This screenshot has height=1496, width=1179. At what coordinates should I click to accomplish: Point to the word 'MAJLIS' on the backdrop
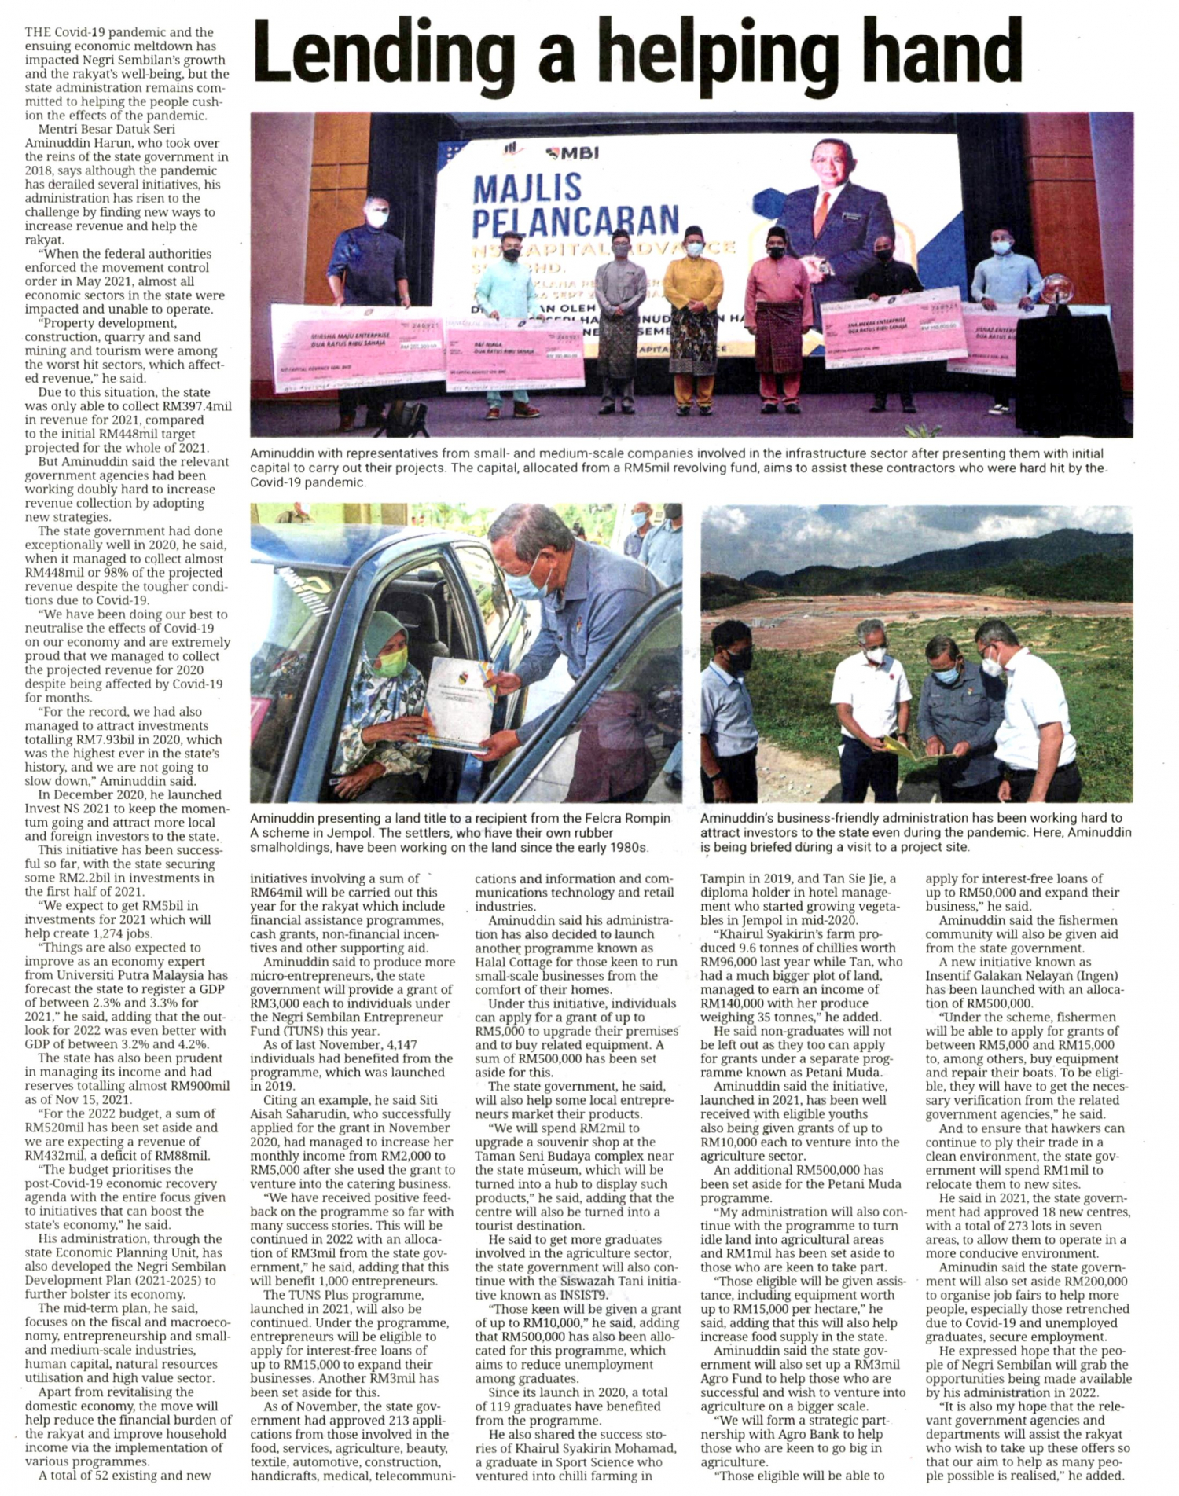(527, 189)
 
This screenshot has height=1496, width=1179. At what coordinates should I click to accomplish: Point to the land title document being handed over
(457, 703)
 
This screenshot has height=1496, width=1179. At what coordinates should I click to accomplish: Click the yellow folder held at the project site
(903, 747)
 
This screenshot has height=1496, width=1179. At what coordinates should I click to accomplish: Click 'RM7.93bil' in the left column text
(94, 739)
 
